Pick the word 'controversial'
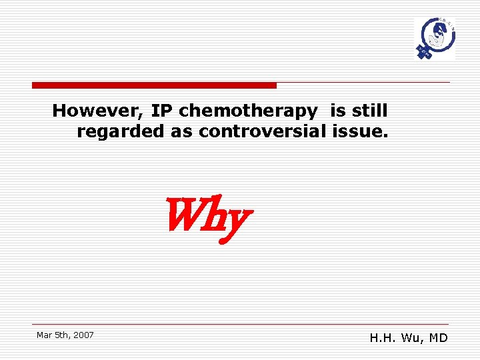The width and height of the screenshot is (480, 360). point(262,131)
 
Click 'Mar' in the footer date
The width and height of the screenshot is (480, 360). point(44,335)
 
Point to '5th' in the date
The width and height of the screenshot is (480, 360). point(61,335)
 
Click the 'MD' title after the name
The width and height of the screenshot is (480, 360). point(439,338)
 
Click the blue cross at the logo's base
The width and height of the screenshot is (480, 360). point(422,51)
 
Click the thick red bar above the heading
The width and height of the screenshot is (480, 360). point(154,85)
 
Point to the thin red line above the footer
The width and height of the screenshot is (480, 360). point(241,324)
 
